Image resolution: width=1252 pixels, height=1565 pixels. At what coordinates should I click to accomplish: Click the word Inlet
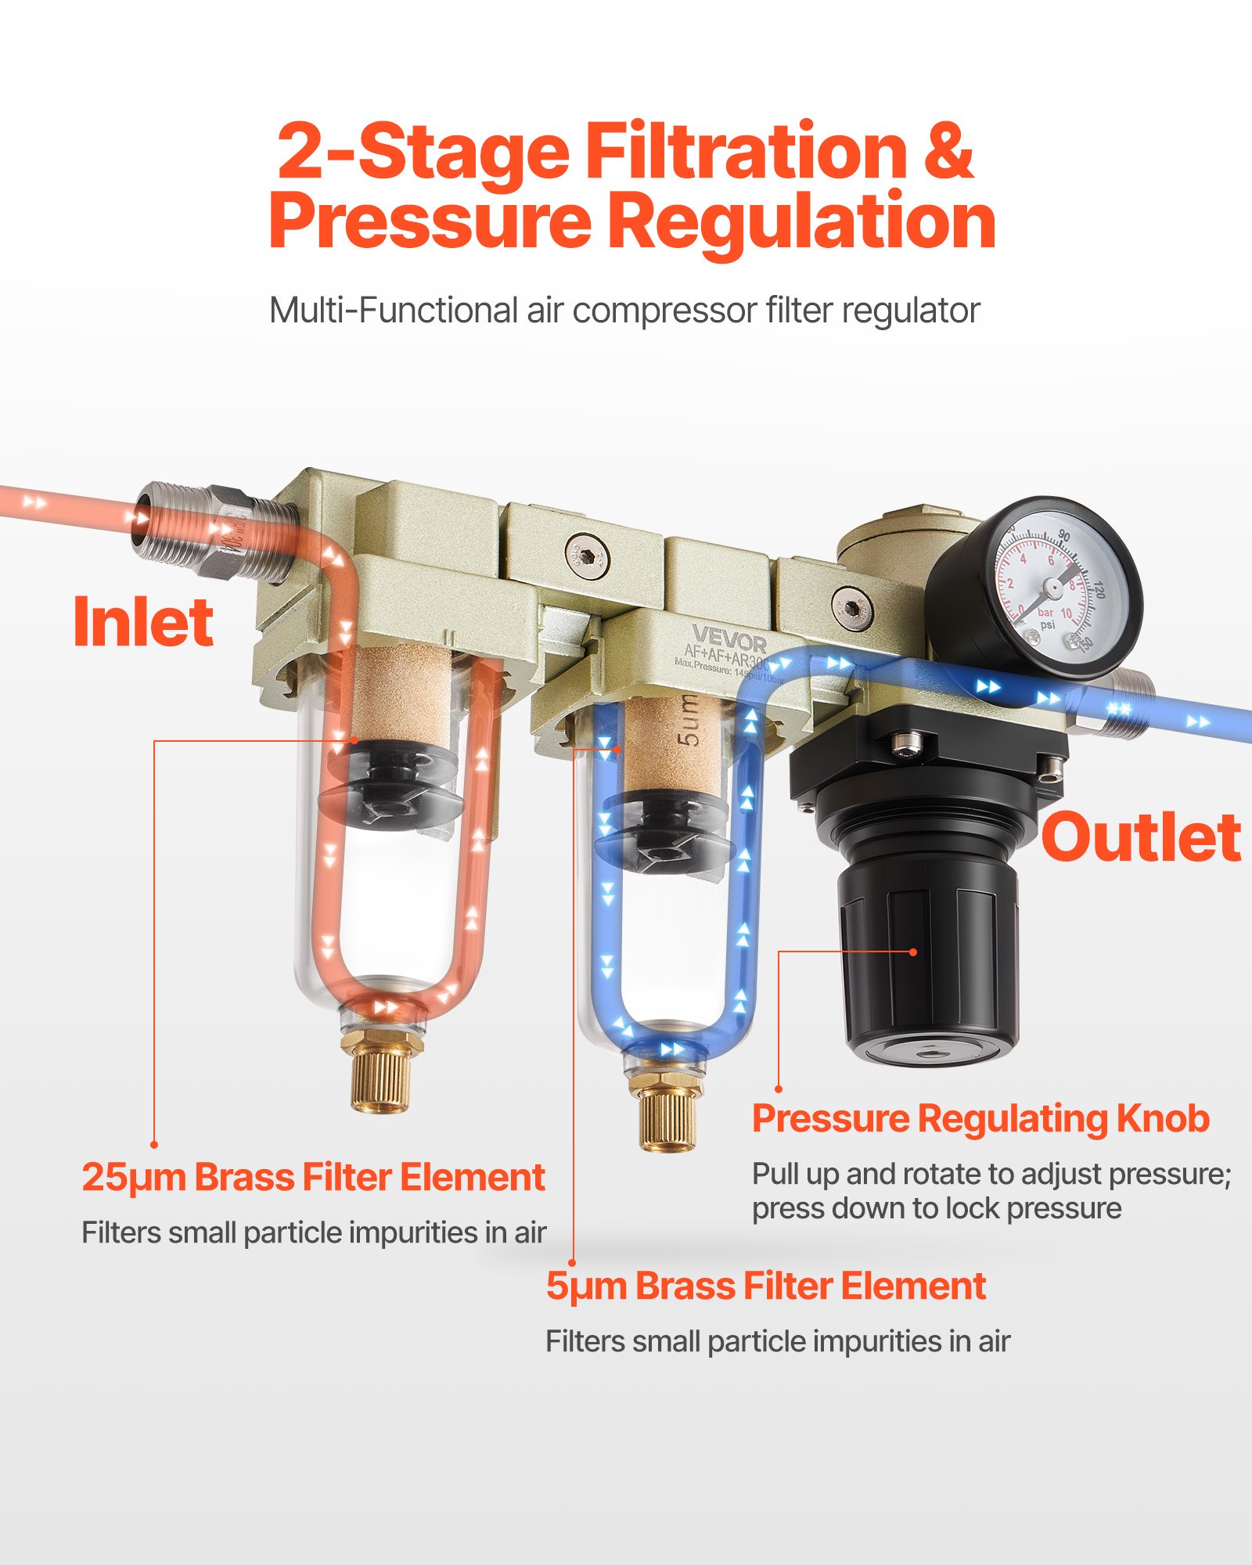point(142,622)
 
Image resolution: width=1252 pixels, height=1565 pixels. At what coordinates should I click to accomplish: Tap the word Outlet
point(1140,837)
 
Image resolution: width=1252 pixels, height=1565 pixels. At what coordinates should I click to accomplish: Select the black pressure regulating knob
point(927,962)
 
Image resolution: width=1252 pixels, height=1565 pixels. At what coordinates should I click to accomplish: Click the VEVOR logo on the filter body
point(729,640)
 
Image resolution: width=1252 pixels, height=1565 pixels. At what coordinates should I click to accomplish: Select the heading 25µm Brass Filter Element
point(313,1177)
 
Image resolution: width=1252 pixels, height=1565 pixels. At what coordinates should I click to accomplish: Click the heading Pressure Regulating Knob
point(980,1118)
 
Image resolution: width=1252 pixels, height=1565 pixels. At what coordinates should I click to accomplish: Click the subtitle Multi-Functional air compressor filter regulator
point(624,311)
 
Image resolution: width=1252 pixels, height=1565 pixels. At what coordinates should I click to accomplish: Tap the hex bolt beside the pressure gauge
point(852,607)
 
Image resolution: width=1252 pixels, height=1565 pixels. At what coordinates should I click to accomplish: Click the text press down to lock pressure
point(937,1209)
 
